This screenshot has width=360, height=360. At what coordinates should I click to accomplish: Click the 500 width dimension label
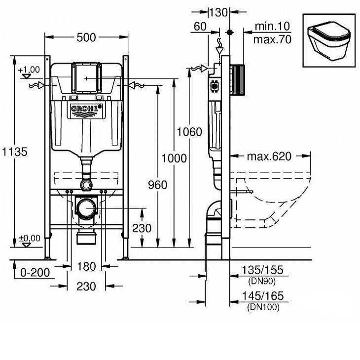point(86,37)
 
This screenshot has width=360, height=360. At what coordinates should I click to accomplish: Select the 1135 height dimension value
point(15,152)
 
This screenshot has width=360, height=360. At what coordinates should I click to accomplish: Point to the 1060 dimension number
point(189,132)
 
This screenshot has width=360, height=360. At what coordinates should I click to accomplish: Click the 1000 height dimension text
point(174,158)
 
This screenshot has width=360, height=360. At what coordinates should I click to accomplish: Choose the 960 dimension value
point(157,185)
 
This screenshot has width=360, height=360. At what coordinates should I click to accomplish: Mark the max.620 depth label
point(269,156)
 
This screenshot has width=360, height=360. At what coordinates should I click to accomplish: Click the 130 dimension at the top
point(218,12)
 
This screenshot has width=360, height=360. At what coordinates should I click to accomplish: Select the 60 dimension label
point(200,27)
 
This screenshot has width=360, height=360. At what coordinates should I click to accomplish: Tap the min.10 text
point(272,26)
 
